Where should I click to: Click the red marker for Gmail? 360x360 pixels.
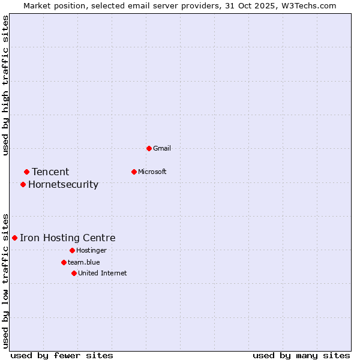point(149,148)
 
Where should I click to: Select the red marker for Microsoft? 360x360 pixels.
point(134,172)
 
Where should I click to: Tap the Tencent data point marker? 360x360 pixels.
point(26,172)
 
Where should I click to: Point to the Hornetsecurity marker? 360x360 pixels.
point(23,184)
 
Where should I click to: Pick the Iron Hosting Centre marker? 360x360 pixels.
point(14,238)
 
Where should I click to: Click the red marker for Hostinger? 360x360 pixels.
point(72,250)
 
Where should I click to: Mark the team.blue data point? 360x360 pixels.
point(64,262)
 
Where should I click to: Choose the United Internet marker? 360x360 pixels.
point(74,273)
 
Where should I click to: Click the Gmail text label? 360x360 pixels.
point(162,148)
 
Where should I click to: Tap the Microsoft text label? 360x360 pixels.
point(152,172)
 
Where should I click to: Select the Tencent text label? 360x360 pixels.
point(50,172)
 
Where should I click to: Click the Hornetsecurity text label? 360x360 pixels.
point(63,184)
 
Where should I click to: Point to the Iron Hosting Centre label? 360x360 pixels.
point(67,238)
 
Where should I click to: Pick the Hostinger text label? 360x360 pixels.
point(91,250)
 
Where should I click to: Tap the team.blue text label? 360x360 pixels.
point(84,262)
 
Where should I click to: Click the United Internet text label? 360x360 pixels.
point(102,273)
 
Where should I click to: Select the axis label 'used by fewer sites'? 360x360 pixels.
point(62,355)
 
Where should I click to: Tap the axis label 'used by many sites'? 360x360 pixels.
point(301,355)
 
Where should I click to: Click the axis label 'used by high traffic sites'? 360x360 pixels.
point(5,85)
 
